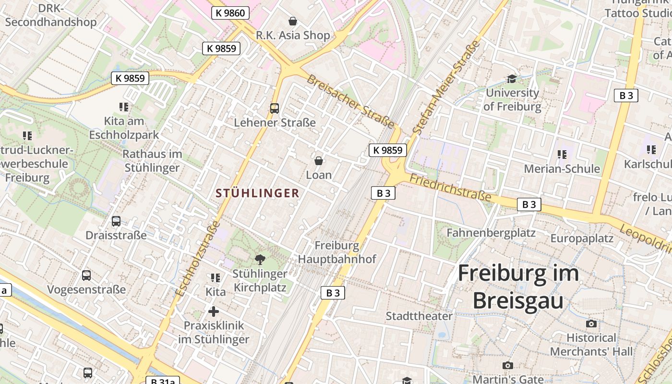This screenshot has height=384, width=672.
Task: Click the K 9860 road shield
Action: tap(230, 13)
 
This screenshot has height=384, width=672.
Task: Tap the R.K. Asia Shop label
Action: tap(293, 35)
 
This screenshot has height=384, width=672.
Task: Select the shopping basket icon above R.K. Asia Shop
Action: tap(293, 21)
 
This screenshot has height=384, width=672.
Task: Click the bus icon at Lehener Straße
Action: tap(275, 108)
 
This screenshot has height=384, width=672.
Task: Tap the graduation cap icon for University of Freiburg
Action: tap(512, 79)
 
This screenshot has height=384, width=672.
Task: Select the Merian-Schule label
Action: tap(562, 168)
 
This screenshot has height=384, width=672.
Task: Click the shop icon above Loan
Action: tap(318, 161)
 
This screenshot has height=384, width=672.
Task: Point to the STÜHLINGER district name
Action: tap(257, 193)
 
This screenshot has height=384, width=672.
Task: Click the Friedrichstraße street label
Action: tap(451, 188)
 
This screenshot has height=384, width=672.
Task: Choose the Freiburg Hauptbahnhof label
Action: tap(337, 252)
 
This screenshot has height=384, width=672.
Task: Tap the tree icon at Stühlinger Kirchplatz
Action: tap(260, 260)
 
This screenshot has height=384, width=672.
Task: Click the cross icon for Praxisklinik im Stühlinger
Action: tap(214, 312)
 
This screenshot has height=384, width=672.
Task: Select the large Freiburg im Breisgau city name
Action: tap(518, 287)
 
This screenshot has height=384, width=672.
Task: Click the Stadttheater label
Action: tap(419, 316)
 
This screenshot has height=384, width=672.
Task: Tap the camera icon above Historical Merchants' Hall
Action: tap(591, 324)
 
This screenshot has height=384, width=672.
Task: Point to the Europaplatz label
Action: tap(582, 238)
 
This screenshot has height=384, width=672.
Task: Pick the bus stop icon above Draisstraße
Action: tap(116, 221)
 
